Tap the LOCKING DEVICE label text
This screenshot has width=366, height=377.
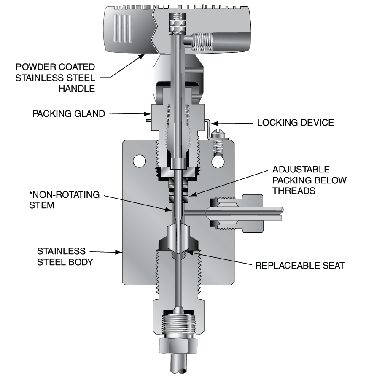tap(295, 123)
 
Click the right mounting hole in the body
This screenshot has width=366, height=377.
tap(218, 161)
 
